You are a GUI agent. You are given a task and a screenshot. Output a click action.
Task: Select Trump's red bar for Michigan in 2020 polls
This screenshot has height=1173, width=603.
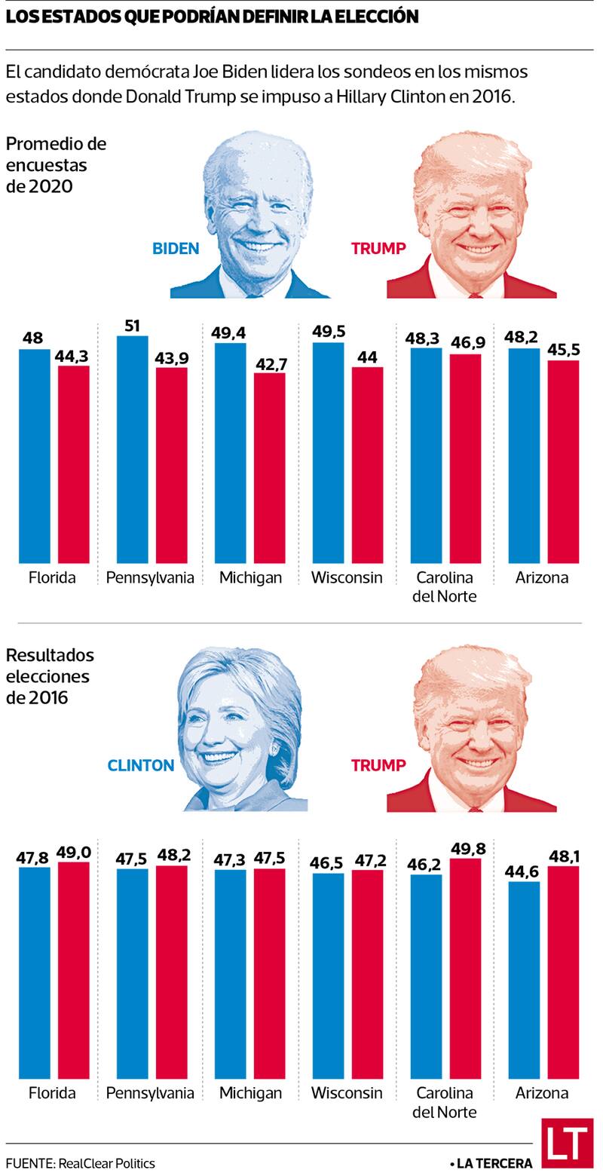coord(269,467)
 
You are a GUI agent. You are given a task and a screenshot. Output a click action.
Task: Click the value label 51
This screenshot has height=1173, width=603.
coord(132,326)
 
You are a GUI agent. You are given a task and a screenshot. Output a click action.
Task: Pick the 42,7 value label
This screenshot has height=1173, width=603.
coord(269,363)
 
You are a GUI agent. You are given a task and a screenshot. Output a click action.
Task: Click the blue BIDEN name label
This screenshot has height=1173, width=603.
coord(176,249)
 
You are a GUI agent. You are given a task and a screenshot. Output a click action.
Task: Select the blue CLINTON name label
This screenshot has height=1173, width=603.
coord(141,765)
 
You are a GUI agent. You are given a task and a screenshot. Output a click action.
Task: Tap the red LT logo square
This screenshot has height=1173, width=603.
coord(567,1143)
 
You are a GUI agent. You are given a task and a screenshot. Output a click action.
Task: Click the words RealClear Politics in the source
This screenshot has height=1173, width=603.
coord(106,1163)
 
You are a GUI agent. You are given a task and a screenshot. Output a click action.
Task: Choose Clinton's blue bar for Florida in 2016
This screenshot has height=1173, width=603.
coord(34,972)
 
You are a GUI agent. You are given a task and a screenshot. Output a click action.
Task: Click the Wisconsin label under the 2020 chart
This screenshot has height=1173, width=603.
coord(347,578)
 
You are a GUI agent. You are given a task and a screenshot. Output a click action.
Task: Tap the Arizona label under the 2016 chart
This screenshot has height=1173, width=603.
coord(542,1093)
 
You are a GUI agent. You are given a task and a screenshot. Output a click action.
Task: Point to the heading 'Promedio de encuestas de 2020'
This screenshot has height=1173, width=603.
coord(56,164)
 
